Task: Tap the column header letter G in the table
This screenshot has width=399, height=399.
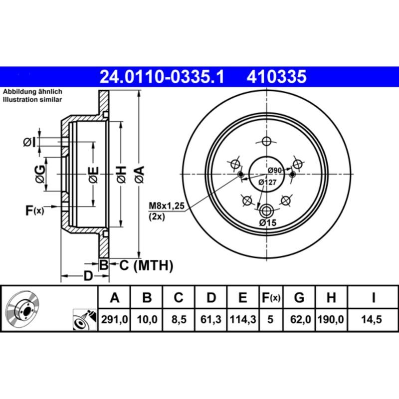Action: [x=299, y=298]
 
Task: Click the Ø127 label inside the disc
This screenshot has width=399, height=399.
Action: [x=267, y=183]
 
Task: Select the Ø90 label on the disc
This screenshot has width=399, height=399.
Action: [x=275, y=171]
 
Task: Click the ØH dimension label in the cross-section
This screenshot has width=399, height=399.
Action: [x=121, y=174]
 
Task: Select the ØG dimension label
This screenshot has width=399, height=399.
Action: [x=40, y=174]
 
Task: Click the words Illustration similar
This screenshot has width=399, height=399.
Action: [x=32, y=100]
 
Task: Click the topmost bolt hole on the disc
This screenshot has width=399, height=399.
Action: [x=266, y=141]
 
